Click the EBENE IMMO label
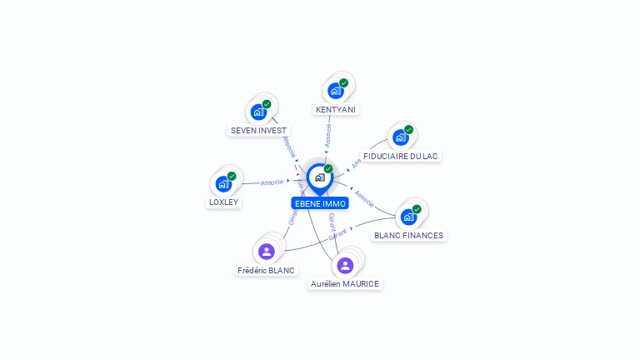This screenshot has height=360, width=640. (x=320, y=203)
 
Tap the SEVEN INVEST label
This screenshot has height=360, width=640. (x=258, y=130)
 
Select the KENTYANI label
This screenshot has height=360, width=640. (x=336, y=109)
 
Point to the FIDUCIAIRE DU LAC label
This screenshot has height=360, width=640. (x=400, y=156)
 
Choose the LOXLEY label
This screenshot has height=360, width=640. (x=223, y=202)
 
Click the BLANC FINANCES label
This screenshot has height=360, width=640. (x=408, y=235)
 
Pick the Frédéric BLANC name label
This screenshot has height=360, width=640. (x=266, y=270)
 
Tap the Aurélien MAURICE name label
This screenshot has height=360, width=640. (x=345, y=283)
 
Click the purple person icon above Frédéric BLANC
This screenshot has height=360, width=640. (x=267, y=251)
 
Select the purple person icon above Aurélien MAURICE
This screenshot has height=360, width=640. (x=345, y=265)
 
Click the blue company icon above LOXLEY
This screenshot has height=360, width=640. (x=223, y=184)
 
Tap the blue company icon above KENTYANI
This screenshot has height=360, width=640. (x=336, y=91)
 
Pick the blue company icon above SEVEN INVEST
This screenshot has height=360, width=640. (x=258, y=112)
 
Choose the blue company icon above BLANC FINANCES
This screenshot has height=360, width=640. (x=408, y=217)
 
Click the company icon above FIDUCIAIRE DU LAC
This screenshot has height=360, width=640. (x=401, y=137)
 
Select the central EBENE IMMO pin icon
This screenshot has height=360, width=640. (x=319, y=177)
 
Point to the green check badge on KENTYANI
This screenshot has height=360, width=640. (x=343, y=82)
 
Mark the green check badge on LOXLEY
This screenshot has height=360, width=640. (x=232, y=176)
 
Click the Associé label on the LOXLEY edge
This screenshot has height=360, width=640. (x=272, y=182)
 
